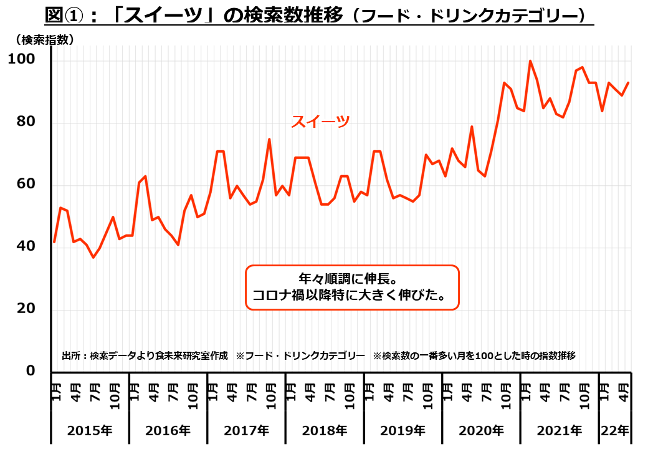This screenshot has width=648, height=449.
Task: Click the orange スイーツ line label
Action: coord(320,122)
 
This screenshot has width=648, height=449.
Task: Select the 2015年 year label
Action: coord(90,430)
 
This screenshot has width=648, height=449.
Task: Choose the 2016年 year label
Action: coord(168,430)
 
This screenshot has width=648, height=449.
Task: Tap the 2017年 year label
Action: coord(247,430)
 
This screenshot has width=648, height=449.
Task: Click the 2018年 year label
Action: coord(325,430)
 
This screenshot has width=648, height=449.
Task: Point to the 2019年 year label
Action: coord(403,430)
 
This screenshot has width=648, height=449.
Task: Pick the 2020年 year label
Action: coord(481,430)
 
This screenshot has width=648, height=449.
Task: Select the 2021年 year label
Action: coord(560,430)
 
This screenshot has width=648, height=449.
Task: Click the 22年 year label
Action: coord(615,430)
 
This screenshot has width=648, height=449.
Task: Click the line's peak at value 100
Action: coord(530,61)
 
